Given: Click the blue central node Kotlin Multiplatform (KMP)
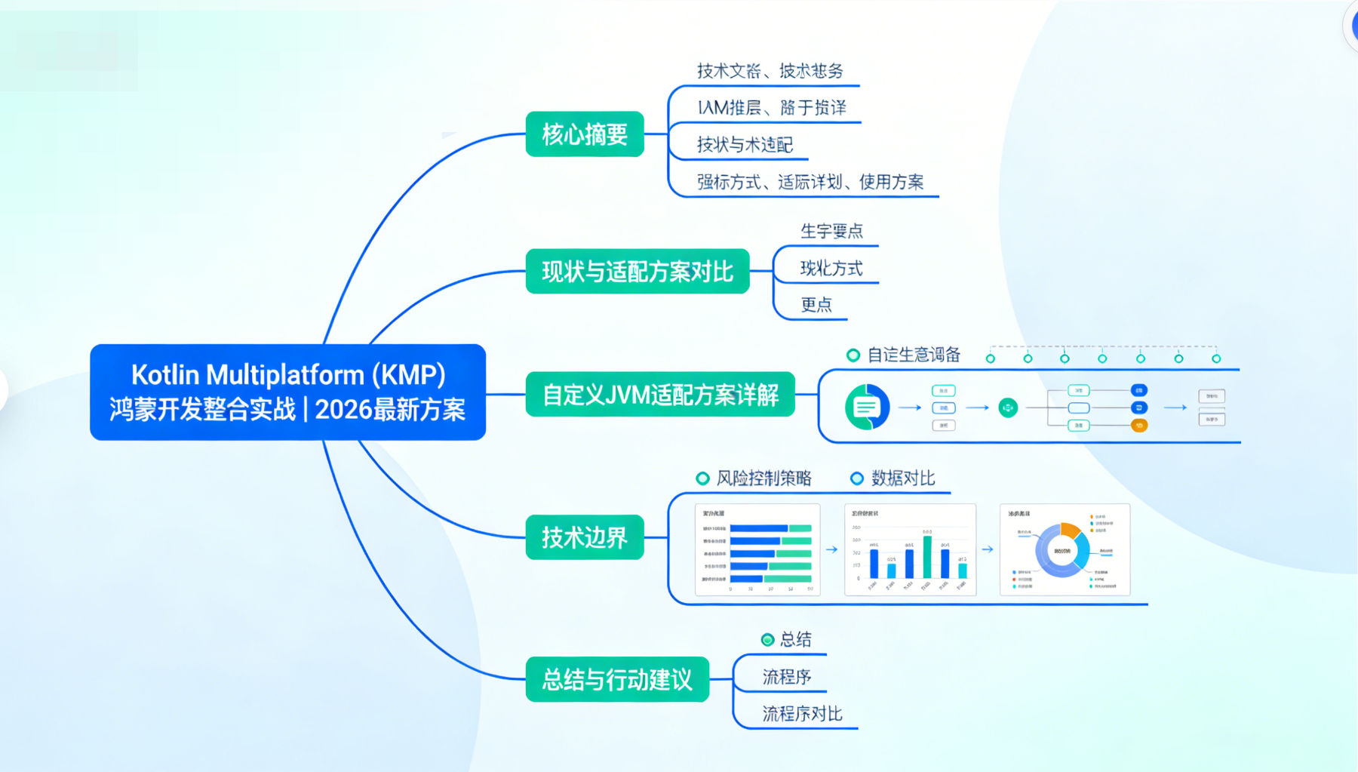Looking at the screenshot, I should click(287, 392).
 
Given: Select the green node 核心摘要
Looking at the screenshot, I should click(585, 134).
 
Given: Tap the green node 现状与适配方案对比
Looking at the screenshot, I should click(638, 271).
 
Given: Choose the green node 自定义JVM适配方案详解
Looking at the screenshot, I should click(660, 394).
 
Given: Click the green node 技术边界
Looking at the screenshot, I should click(585, 537).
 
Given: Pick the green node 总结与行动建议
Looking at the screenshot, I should click(617, 679).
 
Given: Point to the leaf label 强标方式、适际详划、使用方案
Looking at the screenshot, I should click(810, 182).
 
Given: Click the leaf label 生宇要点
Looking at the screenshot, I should click(831, 231).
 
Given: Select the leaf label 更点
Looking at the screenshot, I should click(816, 305).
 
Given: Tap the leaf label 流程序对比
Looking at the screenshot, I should click(802, 713).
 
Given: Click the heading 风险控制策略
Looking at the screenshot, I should click(763, 478).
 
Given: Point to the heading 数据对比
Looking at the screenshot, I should click(903, 478).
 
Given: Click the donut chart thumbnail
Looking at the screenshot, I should click(1065, 550).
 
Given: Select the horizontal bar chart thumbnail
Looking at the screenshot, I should click(757, 550).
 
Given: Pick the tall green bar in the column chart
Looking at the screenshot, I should click(927, 556).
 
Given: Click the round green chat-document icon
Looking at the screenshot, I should click(867, 408).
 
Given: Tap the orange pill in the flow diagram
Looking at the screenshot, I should click(1139, 426).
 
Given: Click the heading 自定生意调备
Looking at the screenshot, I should click(914, 355).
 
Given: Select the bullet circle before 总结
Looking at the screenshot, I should click(767, 640).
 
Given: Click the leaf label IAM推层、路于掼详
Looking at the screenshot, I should click(771, 108).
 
